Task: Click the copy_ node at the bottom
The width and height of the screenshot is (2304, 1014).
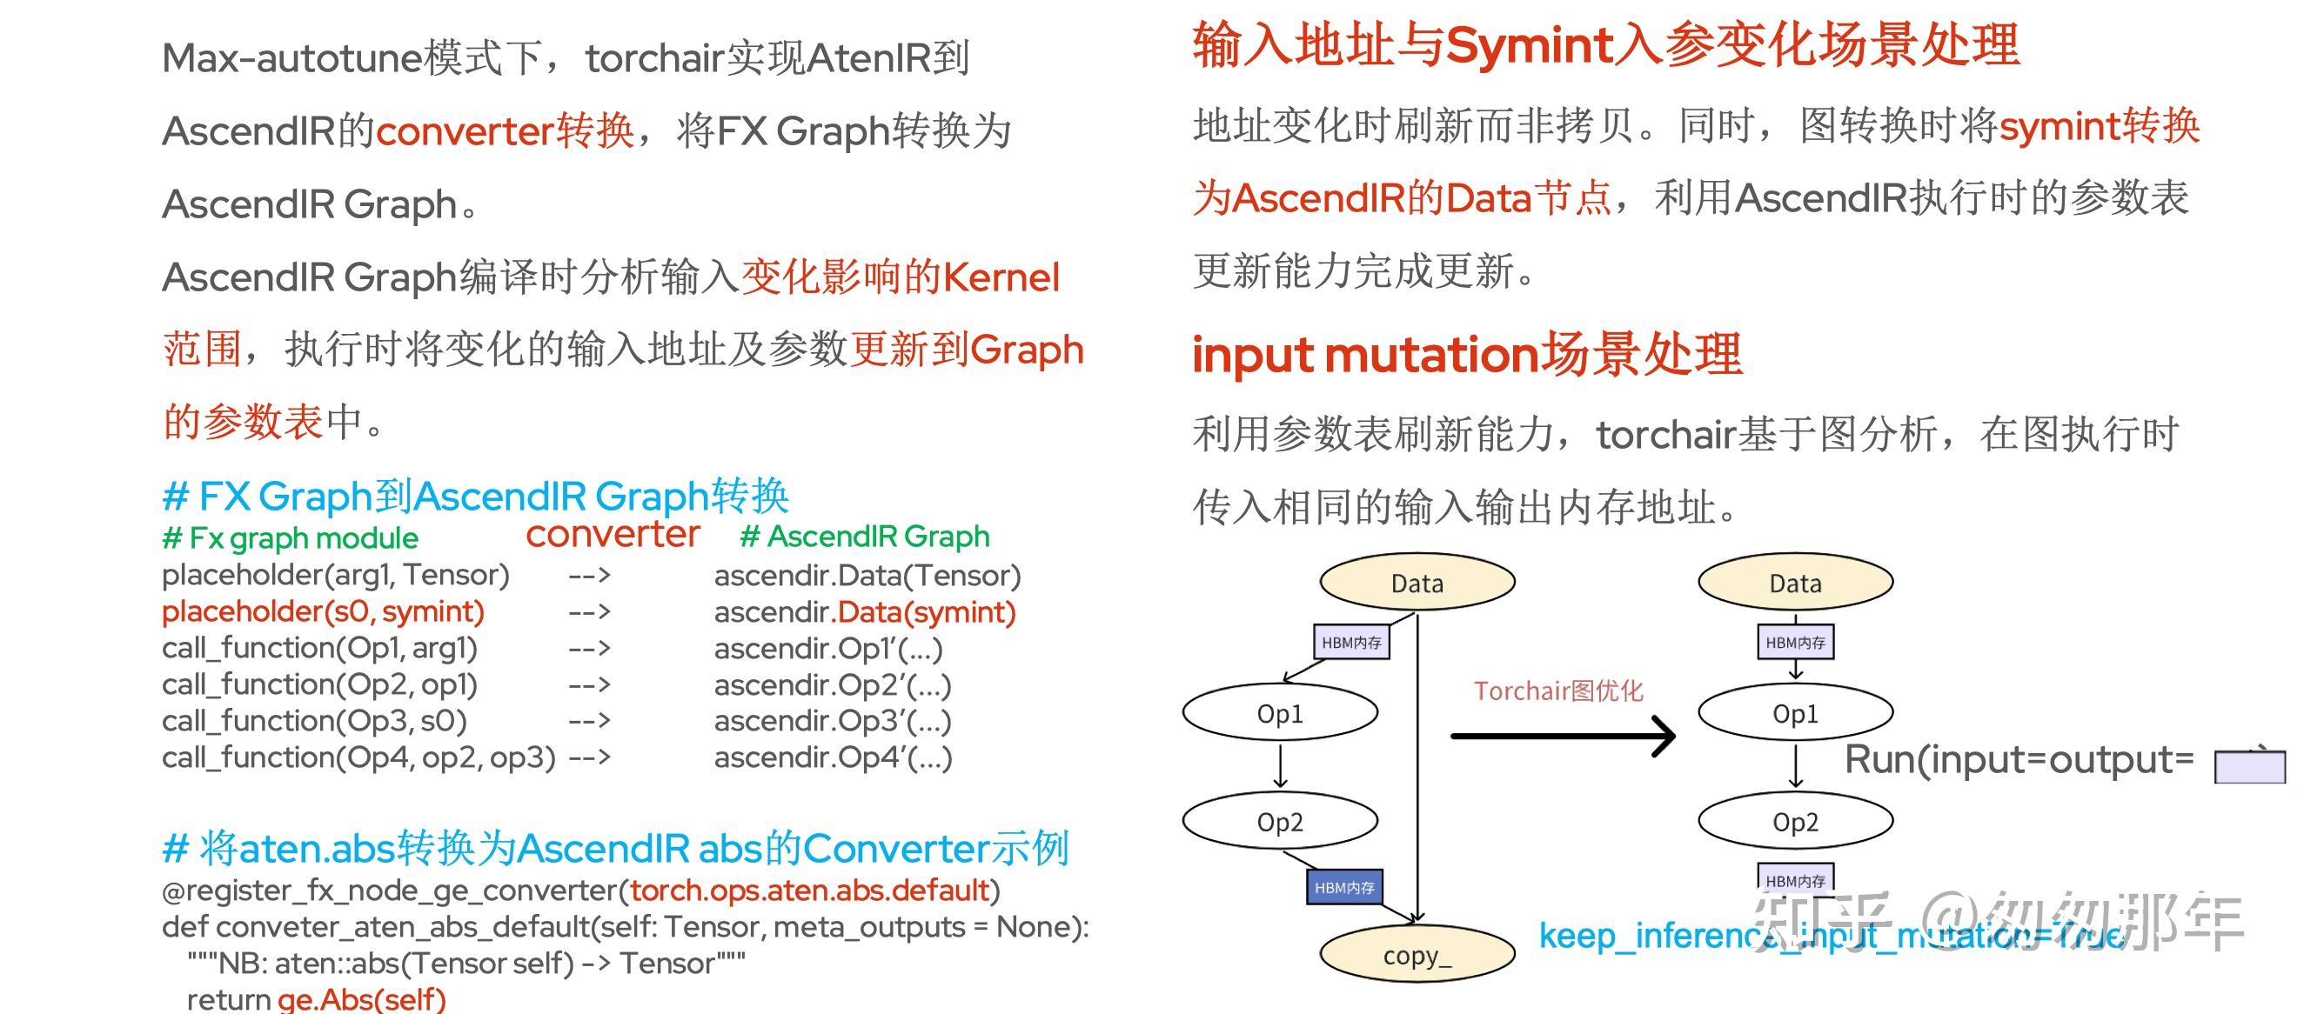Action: point(1417,954)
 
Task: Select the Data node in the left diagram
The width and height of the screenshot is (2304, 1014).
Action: point(1417,583)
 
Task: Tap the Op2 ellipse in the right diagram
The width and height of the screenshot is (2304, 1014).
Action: point(1795,821)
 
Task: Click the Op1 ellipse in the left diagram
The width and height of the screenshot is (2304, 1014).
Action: point(1280,712)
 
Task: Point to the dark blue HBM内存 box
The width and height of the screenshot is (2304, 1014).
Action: point(1344,887)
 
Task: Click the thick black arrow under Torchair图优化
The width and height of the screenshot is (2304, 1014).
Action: point(1561,736)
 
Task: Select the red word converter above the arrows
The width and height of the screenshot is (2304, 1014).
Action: point(613,534)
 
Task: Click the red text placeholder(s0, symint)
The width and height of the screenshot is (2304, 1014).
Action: point(323,611)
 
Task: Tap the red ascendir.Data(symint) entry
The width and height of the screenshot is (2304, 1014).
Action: point(926,612)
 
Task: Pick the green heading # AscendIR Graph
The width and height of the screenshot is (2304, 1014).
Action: point(865,537)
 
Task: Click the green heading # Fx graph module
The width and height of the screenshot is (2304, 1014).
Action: point(291,538)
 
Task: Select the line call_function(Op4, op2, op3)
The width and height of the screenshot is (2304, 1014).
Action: point(358,757)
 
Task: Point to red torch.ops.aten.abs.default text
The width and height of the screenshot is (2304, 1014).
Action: point(809,891)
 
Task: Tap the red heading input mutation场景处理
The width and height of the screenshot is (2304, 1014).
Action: point(1467,354)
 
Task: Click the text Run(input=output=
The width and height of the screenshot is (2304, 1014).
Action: point(2019,760)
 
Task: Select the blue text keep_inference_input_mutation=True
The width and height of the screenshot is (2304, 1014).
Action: point(1829,937)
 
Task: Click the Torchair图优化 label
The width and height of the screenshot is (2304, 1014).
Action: point(1558,690)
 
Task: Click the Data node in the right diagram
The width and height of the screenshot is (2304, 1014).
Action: point(1795,583)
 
